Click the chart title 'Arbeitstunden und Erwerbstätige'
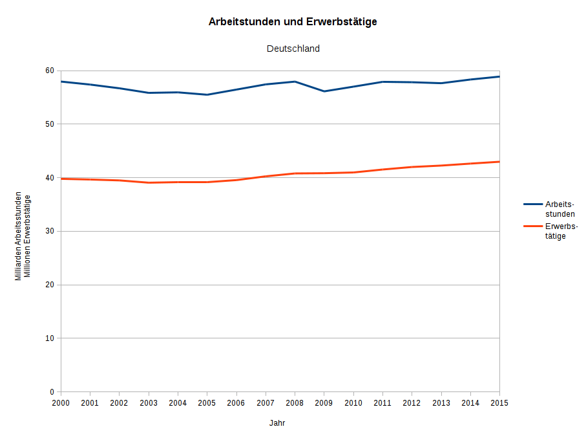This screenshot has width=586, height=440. (293, 21)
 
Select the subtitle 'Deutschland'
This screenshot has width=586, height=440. (293, 49)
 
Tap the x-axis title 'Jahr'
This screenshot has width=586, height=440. (277, 423)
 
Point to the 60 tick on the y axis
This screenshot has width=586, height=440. (49, 71)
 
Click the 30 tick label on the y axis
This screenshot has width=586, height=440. (49, 231)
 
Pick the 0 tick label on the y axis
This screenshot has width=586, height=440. (51, 392)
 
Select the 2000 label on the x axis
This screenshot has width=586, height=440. (61, 402)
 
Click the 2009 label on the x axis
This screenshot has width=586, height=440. (324, 402)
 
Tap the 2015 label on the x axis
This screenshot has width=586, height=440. (499, 402)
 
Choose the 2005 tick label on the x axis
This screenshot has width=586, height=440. (207, 402)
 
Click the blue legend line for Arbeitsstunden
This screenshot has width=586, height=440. (532, 204)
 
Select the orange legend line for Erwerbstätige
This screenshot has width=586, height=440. (532, 226)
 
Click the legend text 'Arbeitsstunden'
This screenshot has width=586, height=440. (560, 209)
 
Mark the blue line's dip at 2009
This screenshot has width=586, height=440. (324, 91)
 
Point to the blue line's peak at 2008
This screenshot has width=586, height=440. (295, 82)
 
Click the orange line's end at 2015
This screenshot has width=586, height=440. (499, 162)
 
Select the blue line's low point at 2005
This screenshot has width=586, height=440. (207, 94)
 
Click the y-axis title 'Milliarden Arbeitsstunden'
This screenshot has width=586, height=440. (19, 236)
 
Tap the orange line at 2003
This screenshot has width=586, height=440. (149, 182)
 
